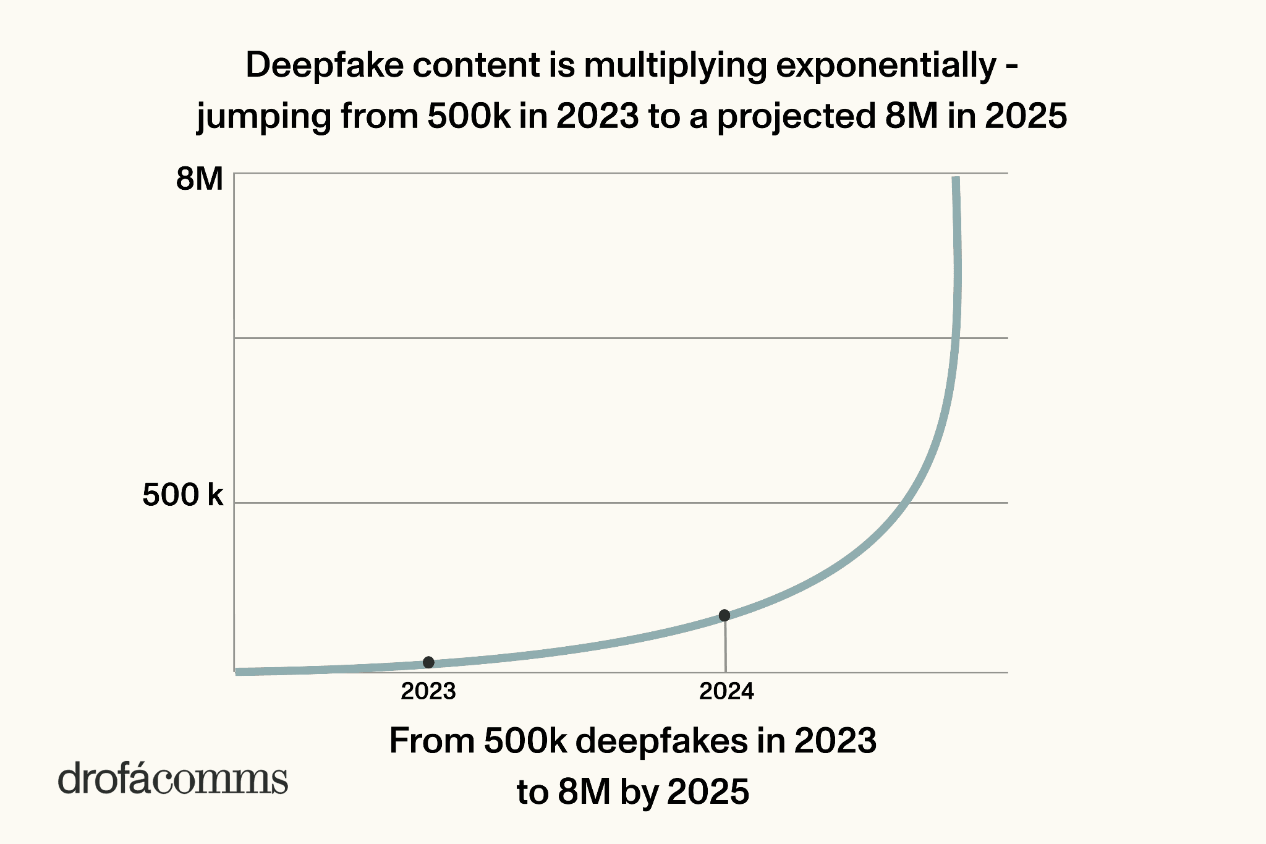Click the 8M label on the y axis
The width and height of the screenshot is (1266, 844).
199,180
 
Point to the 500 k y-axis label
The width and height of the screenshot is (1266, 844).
182,495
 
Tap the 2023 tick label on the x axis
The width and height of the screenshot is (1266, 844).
428,691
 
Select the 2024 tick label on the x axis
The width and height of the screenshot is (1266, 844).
726,691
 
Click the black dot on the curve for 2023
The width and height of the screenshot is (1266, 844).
428,662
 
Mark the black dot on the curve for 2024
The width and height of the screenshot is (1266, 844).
724,615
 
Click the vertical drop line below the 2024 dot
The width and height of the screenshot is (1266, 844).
725,646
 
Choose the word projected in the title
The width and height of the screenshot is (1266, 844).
796,116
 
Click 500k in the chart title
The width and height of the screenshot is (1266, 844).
469,116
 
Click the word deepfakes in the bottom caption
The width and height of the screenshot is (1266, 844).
661,741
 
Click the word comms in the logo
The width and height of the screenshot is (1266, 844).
220,780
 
